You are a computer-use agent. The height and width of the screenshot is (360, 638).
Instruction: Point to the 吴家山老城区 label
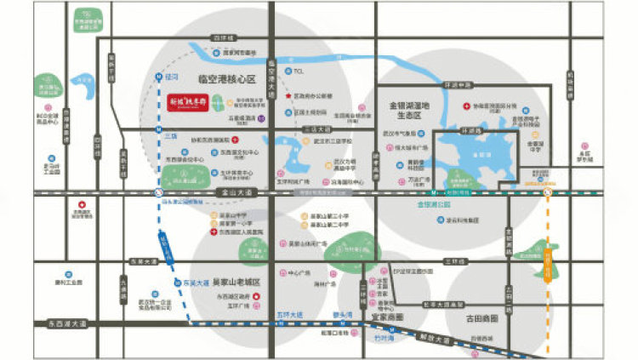click(236, 282)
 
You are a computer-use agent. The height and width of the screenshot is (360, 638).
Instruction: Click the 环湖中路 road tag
click(458, 85)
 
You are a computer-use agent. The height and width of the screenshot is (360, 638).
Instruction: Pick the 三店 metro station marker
click(169, 135)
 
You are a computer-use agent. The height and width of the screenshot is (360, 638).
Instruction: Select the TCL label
click(298, 71)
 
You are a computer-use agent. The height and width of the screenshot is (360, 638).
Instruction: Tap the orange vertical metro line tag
click(549, 265)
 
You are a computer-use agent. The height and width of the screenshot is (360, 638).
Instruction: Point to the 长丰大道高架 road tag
click(443, 304)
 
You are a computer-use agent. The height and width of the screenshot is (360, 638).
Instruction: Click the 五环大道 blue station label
click(289, 316)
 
